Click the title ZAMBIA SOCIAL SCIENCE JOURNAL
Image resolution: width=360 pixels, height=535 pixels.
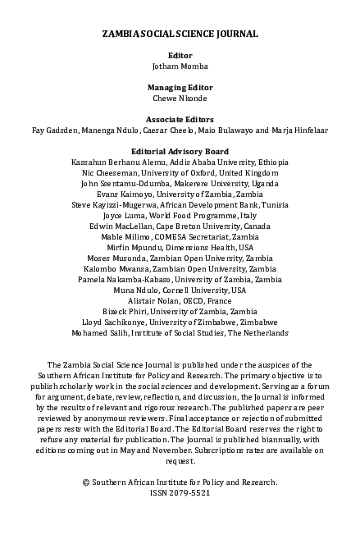coord(180,34)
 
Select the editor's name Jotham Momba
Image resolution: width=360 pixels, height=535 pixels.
coord(180,65)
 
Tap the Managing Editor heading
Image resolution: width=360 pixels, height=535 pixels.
coord(180,87)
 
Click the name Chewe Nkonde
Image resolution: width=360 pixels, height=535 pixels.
coord(180,98)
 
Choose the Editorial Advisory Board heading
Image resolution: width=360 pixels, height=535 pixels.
coord(180,152)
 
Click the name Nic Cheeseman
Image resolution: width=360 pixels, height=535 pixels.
coord(110,173)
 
